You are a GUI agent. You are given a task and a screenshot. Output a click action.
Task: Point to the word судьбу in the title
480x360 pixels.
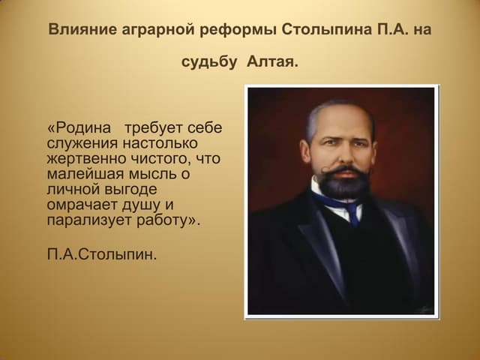pyautogui.click(x=210, y=62)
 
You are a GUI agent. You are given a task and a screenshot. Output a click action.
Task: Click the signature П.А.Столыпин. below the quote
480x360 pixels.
pyautogui.click(x=103, y=254)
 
